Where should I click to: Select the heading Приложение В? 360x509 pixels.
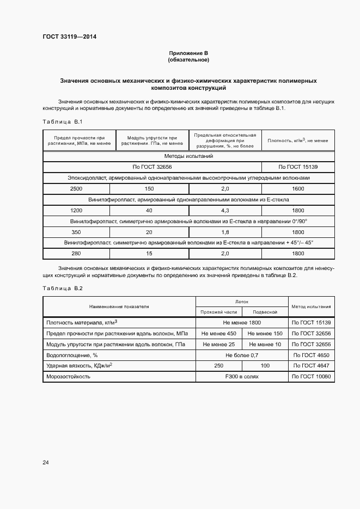pyautogui.click(x=188, y=53)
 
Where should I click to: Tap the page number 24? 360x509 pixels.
pyautogui.click(x=46, y=462)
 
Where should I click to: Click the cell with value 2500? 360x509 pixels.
pyautogui.click(x=76, y=188)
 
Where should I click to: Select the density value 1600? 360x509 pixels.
pyautogui.click(x=297, y=188)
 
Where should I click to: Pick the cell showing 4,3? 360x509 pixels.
pyautogui.click(x=224, y=210)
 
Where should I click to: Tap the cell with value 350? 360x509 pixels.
pyautogui.click(x=76, y=231)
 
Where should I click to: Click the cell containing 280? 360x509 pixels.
pyautogui.click(x=76, y=253)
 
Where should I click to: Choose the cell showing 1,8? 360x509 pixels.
pyautogui.click(x=224, y=231)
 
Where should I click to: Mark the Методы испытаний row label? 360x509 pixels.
pyautogui.click(x=188, y=156)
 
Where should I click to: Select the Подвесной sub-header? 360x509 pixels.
pyautogui.click(x=265, y=312)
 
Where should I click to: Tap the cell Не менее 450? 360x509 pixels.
pyautogui.click(x=219, y=333)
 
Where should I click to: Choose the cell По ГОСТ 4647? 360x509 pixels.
pyautogui.click(x=312, y=366)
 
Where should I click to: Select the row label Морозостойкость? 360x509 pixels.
pyautogui.click(x=68, y=376)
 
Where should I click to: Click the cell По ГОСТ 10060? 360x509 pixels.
pyautogui.click(x=312, y=376)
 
